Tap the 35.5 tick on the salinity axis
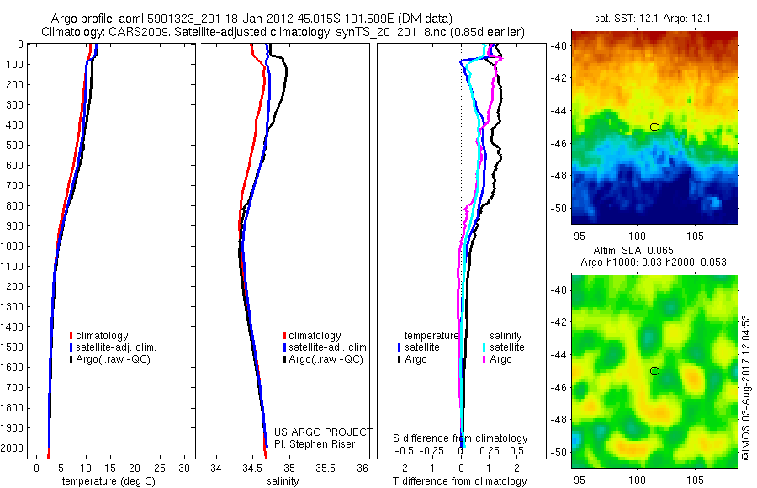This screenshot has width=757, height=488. click(326, 467)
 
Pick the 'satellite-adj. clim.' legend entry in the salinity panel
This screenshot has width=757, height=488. click(329, 347)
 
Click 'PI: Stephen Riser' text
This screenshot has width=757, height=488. click(315, 443)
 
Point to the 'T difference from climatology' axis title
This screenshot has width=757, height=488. click(461, 480)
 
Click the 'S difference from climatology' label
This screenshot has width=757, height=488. click(461, 438)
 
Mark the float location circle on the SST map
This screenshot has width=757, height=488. click(654, 127)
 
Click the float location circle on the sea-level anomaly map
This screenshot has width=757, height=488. click(654, 370)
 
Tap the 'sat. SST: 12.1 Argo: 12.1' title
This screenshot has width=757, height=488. click(654, 19)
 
